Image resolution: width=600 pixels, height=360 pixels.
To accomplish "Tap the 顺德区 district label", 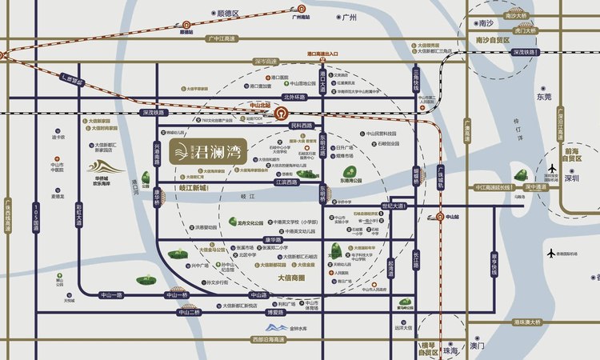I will (x=228, y=14).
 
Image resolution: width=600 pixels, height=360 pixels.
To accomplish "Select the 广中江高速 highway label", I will (x=224, y=38).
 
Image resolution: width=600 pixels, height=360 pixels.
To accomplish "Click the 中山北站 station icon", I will (x=282, y=114).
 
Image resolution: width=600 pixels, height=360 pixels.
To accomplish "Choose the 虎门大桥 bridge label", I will (x=526, y=30).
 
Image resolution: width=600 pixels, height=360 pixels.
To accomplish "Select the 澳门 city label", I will (x=478, y=346).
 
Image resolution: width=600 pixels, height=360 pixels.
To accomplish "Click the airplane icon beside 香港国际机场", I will (x=551, y=254).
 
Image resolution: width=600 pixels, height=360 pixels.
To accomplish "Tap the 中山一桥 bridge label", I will (x=175, y=295).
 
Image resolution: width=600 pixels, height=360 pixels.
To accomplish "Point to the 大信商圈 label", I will (x=291, y=278).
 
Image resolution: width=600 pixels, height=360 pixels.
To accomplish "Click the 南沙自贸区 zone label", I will (x=493, y=38).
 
